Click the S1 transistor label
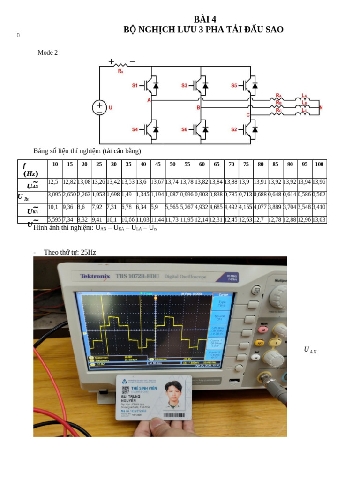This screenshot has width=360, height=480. point(135,85)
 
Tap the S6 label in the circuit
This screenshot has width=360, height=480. point(184,129)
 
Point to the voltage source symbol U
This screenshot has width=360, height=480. point(99,107)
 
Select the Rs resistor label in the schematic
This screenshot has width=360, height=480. point(120,71)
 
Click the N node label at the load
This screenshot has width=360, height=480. point(321,107)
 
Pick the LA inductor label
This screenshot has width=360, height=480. point(304,95)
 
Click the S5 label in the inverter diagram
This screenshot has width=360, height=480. point(234,85)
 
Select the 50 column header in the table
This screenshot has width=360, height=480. point(172,164)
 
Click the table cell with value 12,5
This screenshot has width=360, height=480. point(53,182)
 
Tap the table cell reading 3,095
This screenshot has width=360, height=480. point(54,194)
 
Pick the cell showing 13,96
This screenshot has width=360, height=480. point(319,182)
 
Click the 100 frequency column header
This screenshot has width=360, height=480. point(319,164)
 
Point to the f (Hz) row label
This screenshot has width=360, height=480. point(31,169)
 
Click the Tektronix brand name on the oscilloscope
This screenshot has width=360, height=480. point(95,276)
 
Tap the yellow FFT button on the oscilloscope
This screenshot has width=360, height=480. point(259,343)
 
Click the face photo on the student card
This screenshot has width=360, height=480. point(173,395)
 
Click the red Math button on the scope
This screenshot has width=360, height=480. point(264,330)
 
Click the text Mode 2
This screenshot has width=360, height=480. point(48,52)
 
